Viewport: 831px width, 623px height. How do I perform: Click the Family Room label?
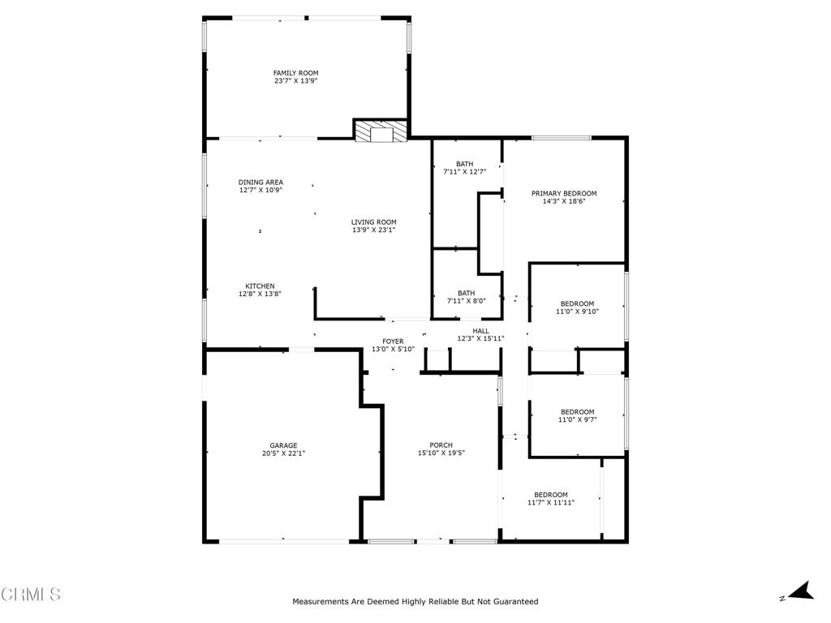[x=295, y=73]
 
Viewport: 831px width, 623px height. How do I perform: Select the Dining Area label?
[x=260, y=182]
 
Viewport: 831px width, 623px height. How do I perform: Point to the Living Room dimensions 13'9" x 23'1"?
[x=373, y=230]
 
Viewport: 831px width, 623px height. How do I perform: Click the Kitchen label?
[x=260, y=286]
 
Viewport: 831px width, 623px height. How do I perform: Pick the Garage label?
[x=283, y=445]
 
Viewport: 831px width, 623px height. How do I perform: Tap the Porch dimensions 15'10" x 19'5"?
[x=441, y=453]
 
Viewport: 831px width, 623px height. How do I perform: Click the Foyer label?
[x=393, y=341]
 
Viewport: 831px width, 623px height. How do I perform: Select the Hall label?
[x=480, y=330]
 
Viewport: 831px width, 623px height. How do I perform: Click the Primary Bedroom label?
[x=564, y=193]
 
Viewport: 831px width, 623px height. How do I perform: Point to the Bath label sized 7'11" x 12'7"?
[x=464, y=164]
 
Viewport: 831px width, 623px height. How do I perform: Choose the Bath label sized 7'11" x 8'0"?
[x=466, y=293]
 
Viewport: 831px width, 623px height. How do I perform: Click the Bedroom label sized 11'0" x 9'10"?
[x=577, y=303]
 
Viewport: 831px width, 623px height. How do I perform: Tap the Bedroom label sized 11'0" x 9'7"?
[x=577, y=411]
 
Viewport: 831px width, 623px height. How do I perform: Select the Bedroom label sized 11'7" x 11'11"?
[x=551, y=494]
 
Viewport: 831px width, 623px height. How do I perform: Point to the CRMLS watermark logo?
[x=31, y=595]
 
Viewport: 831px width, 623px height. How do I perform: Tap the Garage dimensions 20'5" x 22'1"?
[x=283, y=453]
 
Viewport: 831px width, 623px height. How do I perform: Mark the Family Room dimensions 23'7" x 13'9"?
[x=295, y=81]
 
